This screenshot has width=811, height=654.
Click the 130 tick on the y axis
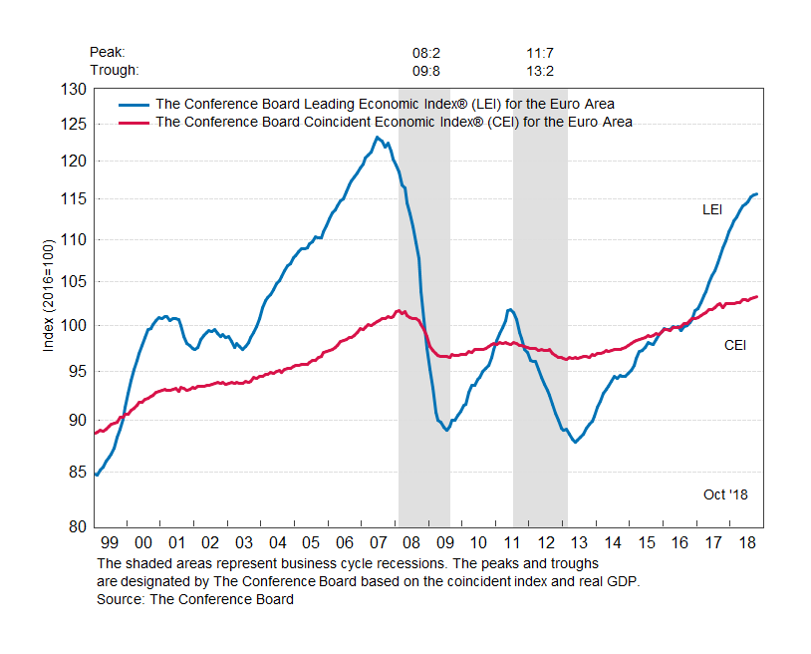point(74,90)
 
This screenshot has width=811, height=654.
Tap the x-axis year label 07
point(379,542)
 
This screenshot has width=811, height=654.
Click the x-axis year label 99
point(110,542)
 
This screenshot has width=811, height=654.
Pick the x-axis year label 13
point(580,542)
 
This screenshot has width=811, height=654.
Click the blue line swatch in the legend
point(135,104)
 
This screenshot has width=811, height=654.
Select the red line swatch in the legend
point(135,122)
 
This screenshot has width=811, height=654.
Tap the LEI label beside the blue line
point(712,210)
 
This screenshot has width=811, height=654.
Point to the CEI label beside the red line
point(735,346)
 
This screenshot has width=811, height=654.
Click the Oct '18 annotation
point(725,494)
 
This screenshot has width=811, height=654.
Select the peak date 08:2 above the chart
point(427,52)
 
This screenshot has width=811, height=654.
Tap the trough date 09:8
point(427,70)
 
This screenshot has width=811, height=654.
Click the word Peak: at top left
point(108,52)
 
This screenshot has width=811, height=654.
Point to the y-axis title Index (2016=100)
point(48,296)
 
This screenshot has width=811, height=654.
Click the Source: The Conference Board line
point(195,599)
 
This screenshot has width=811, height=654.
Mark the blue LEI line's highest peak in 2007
point(377,138)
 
